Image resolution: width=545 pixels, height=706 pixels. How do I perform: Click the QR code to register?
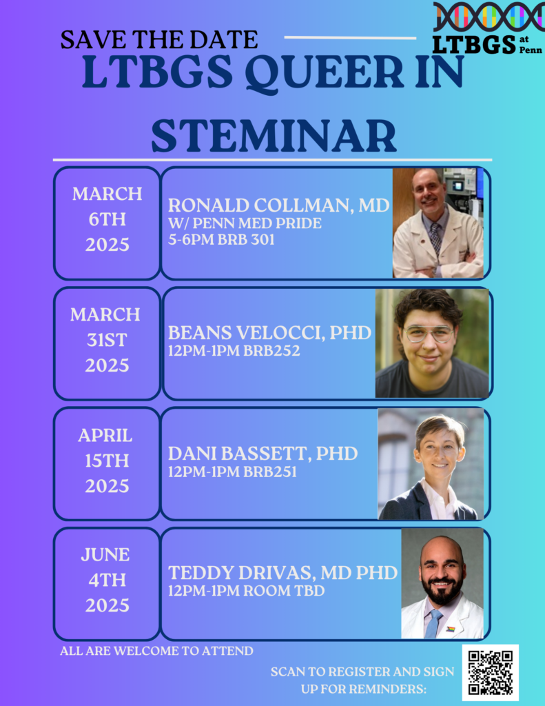[x=490, y=672]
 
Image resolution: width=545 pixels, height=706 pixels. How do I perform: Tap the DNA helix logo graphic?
[x=489, y=17]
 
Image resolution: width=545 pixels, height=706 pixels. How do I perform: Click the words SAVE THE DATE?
[x=158, y=39]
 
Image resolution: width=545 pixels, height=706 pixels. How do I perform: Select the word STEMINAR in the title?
[x=274, y=135]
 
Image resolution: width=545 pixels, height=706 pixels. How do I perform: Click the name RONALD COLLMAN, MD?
[x=278, y=205]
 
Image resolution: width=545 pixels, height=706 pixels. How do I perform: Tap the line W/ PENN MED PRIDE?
[x=245, y=224]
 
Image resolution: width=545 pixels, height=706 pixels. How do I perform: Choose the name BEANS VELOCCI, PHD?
[x=269, y=333]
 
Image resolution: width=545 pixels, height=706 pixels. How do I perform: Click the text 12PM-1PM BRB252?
[x=234, y=351]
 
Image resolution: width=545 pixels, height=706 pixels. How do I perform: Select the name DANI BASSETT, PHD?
[x=263, y=454]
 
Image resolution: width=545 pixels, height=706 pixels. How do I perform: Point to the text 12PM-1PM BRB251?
[x=233, y=472]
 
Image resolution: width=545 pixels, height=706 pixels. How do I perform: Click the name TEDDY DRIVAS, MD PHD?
[x=282, y=573]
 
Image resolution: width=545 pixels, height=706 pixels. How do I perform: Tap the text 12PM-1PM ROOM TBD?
[x=246, y=591]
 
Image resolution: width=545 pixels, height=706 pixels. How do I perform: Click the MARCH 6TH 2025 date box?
[x=107, y=219]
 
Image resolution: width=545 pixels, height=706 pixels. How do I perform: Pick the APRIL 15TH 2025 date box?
[x=107, y=461]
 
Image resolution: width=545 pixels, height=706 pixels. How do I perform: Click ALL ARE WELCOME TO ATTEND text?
[x=156, y=650]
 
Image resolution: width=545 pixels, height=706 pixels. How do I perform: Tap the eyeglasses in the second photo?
[x=429, y=334]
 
